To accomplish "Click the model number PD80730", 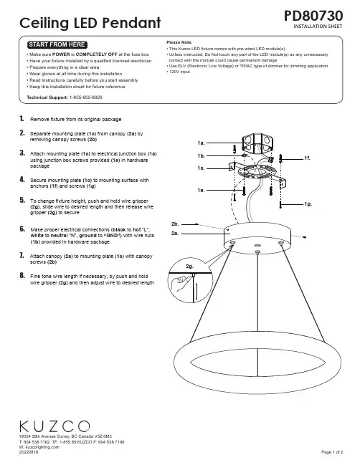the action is pyautogui.click(x=313, y=16).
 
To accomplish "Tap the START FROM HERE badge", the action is pyautogui.click(x=57, y=44).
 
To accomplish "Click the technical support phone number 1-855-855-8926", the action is pyautogui.click(x=86, y=97).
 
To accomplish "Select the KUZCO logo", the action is pyautogui.click(x=55, y=426).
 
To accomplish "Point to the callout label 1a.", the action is pyautogui.click(x=201, y=143).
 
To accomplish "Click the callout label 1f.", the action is pyautogui.click(x=307, y=158).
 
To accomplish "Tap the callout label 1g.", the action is pyautogui.click(x=308, y=204).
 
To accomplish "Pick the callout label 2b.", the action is pyautogui.click(x=175, y=224).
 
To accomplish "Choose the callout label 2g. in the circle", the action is pyautogui.click(x=189, y=267).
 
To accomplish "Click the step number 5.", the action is pyautogui.click(x=22, y=200).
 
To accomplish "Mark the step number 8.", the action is pyautogui.click(x=22, y=276).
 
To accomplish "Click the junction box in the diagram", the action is pyautogui.click(x=257, y=143).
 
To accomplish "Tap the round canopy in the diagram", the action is pyautogui.click(x=257, y=238).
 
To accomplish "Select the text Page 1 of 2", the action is pyautogui.click(x=332, y=452).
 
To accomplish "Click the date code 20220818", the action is pyautogui.click(x=29, y=452).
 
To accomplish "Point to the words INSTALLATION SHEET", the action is pyautogui.click(x=318, y=27).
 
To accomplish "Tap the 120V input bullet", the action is pyautogui.click(x=179, y=72).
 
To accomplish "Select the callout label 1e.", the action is pyautogui.click(x=201, y=190).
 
